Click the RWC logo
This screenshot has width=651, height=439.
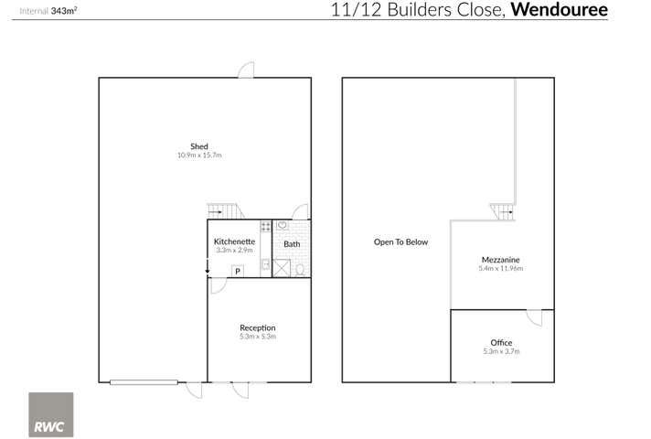(x=51, y=414)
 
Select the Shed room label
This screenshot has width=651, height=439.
(x=199, y=146)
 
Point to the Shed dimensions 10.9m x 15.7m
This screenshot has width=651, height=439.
(x=199, y=156)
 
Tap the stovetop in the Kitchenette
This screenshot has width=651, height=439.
(x=265, y=225)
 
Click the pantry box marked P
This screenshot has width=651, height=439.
(x=238, y=271)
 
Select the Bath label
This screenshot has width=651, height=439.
(x=292, y=244)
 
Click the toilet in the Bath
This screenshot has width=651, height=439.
(x=300, y=269)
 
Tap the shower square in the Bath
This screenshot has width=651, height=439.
(x=283, y=268)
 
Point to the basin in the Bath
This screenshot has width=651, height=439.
(x=283, y=225)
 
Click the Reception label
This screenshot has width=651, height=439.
(x=257, y=327)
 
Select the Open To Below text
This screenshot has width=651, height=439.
(x=400, y=242)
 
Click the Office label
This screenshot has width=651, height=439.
(x=501, y=343)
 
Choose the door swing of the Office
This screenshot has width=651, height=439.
(x=535, y=317)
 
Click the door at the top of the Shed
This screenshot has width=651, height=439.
(x=245, y=70)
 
